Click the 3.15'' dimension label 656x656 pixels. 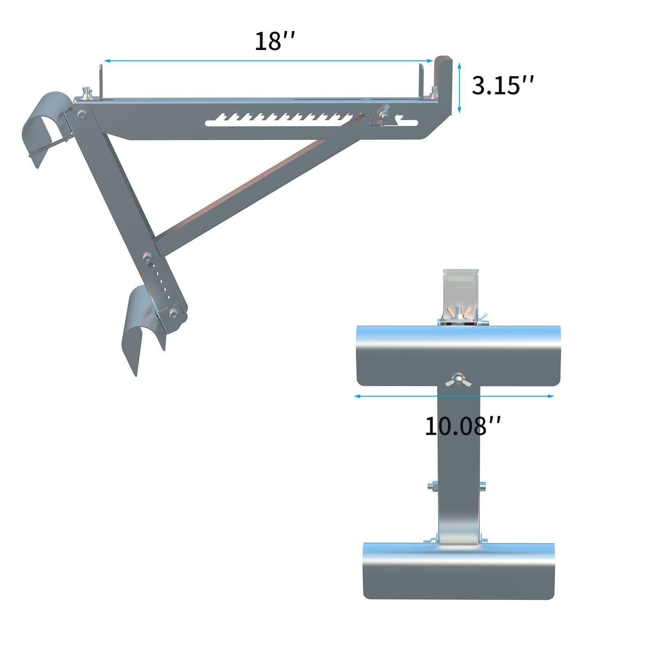pyautogui.click(x=503, y=86)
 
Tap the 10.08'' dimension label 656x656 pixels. pyautogui.click(x=462, y=426)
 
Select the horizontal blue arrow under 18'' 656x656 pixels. pyautogui.click(x=268, y=61)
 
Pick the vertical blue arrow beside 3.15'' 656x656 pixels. pyautogui.click(x=460, y=88)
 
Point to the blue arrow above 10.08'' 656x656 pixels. pyautogui.click(x=454, y=396)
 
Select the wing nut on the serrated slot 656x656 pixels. pyautogui.click(x=384, y=115)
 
